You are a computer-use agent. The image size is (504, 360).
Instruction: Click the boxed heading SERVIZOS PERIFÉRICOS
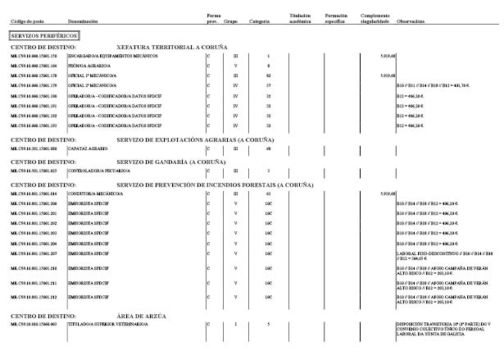(x=43, y=36)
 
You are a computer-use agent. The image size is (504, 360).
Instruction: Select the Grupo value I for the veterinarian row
(x=236, y=325)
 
